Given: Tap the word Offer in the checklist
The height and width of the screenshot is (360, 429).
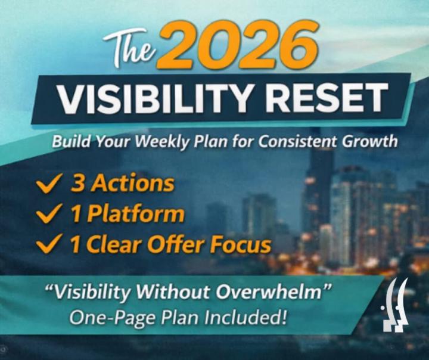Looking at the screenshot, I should [184, 244].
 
